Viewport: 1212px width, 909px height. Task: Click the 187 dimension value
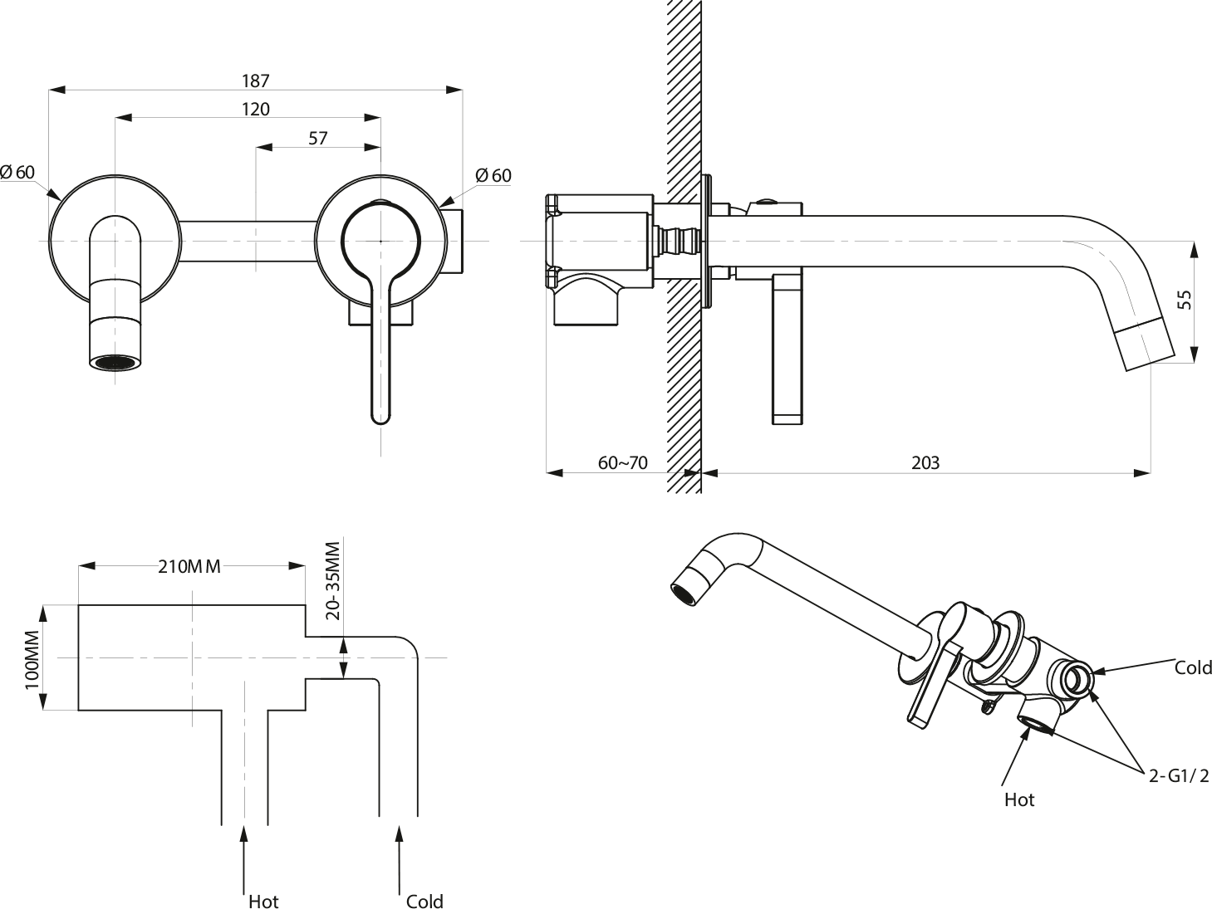click(x=255, y=81)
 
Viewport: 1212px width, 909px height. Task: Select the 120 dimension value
click(x=255, y=109)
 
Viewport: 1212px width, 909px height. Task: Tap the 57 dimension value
click(x=317, y=138)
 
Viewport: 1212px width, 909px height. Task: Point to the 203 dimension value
click(x=925, y=462)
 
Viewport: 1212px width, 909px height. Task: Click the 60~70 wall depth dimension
click(x=622, y=462)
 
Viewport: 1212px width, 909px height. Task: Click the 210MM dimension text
click(x=189, y=567)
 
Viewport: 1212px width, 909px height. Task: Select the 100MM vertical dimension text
click(x=32, y=658)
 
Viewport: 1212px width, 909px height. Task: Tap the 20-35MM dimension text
click(x=333, y=580)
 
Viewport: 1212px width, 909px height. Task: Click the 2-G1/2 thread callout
click(x=1178, y=775)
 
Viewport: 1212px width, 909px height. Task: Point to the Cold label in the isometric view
click(x=1192, y=667)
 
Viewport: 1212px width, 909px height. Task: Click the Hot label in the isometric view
click(x=1019, y=799)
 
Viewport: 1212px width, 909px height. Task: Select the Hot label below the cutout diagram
click(x=263, y=901)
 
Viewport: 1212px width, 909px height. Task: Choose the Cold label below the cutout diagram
click(x=424, y=901)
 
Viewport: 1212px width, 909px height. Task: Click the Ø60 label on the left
click(x=17, y=172)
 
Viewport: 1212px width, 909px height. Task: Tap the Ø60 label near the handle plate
click(x=493, y=175)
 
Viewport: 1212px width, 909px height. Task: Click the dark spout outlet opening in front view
click(x=114, y=363)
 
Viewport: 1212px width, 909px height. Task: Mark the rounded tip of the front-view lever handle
click(x=380, y=416)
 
